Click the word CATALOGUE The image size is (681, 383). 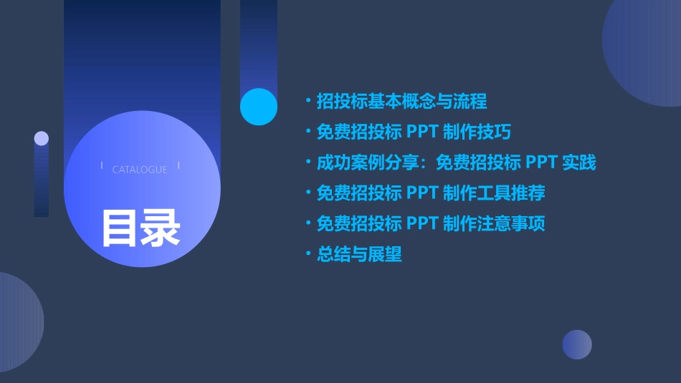pos(140,170)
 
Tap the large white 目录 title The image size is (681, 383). pos(141,228)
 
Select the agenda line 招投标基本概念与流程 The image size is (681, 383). pos(401,102)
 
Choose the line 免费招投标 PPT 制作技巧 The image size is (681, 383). pos(414,132)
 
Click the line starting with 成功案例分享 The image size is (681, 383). pos(456,163)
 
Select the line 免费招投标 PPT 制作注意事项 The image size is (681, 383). pos(430,223)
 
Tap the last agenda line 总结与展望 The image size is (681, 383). pos(359,254)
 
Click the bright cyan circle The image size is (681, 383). pos(259,107)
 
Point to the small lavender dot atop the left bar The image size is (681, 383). pos(42,138)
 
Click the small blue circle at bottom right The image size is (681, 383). pos(577,344)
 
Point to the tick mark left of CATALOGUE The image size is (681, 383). pos(102,166)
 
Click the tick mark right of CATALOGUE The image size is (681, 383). pos(178,166)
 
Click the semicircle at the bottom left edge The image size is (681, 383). pos(18,322)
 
